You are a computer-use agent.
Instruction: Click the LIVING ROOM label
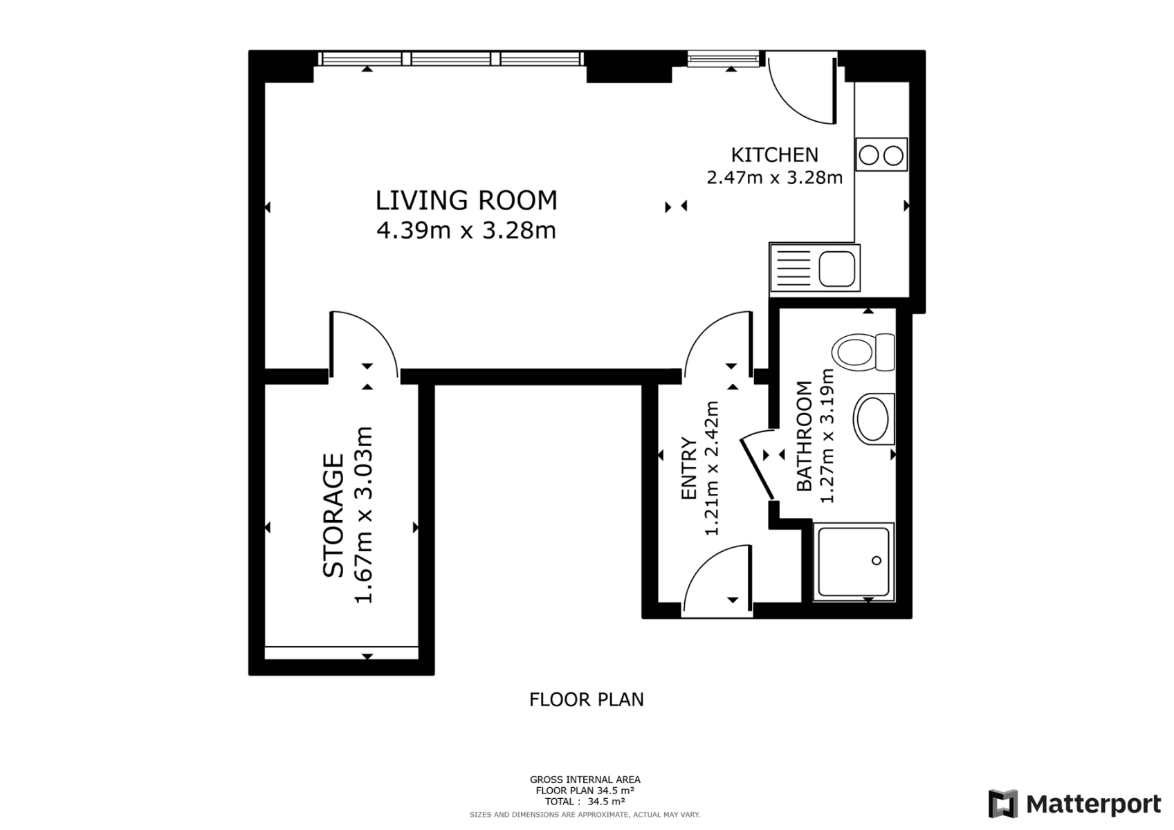[466, 201]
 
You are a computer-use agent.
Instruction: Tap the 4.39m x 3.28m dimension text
[466, 230]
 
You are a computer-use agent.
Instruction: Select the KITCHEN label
[774, 154]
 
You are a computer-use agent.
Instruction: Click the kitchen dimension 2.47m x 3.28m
[774, 178]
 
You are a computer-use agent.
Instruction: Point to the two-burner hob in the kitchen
[881, 155]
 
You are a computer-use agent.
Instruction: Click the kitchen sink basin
[836, 268]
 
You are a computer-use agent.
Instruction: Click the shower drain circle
[877, 560]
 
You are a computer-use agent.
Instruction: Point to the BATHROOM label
[804, 436]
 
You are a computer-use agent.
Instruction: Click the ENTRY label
[688, 468]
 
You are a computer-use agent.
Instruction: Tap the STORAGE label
[333, 515]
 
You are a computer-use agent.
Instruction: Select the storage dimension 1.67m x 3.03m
[364, 515]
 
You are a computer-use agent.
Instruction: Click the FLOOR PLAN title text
[586, 700]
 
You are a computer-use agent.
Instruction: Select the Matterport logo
[1074, 804]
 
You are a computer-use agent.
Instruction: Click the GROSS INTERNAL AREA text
[585, 780]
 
